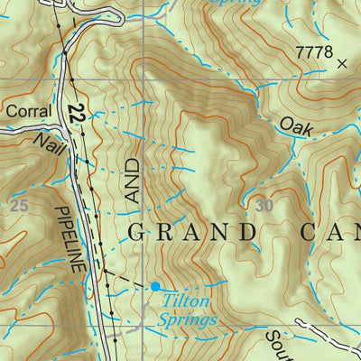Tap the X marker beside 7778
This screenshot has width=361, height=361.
tap(341, 63)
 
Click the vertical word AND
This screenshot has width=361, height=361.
tap(134, 181)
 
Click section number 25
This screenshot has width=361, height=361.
tap(19, 206)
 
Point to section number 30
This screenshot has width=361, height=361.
tap(264, 206)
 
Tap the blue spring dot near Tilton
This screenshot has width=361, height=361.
tap(154, 285)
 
